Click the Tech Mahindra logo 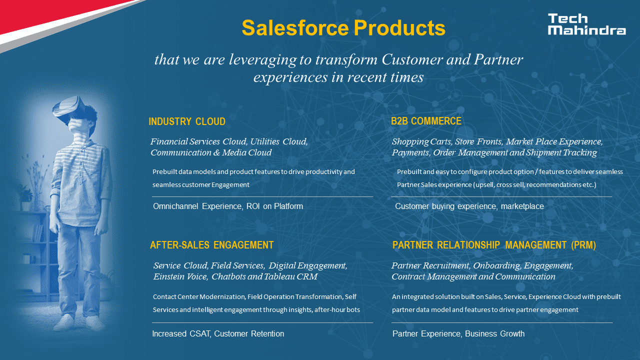tap(586, 24)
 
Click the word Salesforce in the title tap(295, 28)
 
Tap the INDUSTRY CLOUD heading tap(187, 121)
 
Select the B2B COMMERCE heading tap(426, 121)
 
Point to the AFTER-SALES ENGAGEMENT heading tap(211, 245)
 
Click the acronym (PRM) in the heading tap(583, 245)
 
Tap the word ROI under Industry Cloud tap(253, 206)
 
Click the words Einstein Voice tap(180, 276)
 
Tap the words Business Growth tap(494, 333)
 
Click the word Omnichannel tap(175, 206)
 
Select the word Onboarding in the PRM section tap(497, 265)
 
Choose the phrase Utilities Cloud tap(279, 141)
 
